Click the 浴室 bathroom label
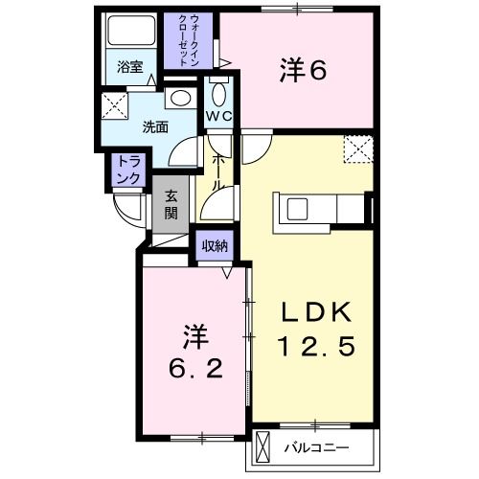(x=129, y=68)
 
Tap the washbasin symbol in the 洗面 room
(x=177, y=98)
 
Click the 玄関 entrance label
(x=171, y=203)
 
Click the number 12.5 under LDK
(x=316, y=345)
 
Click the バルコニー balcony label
(x=315, y=446)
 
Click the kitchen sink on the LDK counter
(x=296, y=207)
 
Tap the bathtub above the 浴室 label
(x=129, y=33)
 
